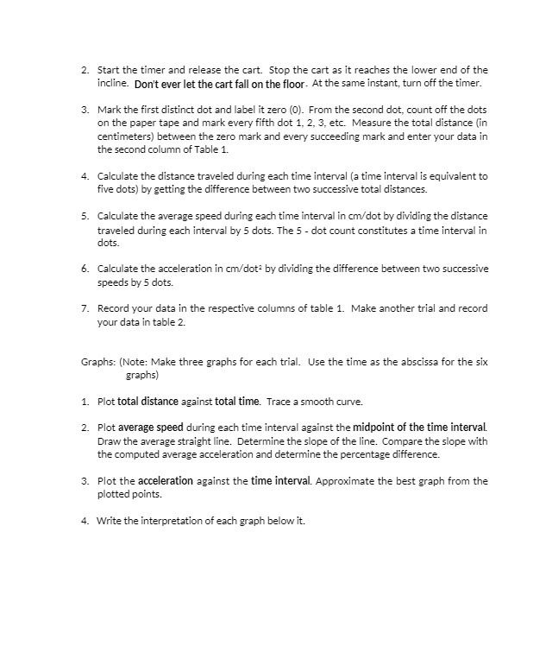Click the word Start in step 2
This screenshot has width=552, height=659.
(x=110, y=70)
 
